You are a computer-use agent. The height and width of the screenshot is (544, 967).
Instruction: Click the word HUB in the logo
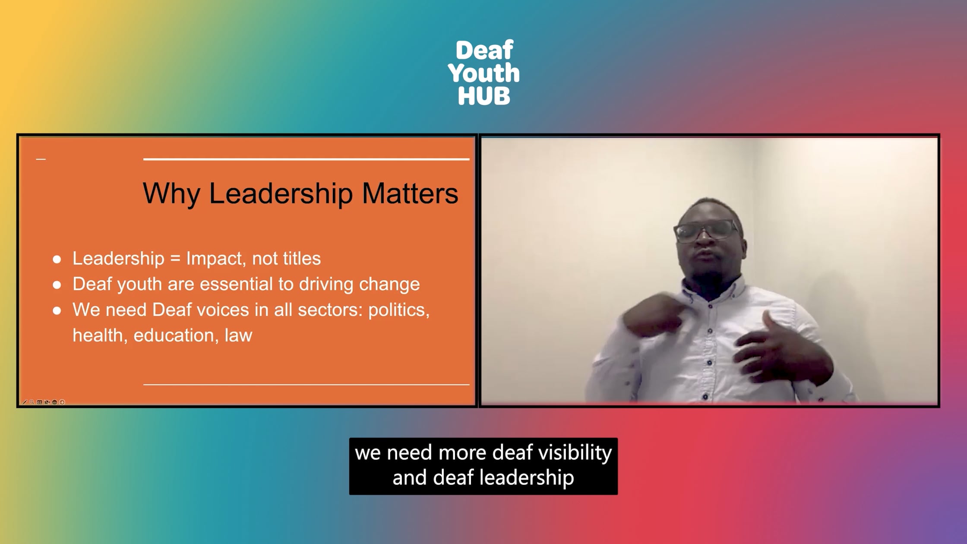(484, 96)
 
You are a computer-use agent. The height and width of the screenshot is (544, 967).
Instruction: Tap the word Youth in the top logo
(484, 73)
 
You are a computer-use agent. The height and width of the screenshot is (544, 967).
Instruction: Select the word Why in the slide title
(171, 194)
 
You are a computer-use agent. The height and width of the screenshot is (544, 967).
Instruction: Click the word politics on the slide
(399, 310)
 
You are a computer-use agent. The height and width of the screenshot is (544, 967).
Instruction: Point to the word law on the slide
(238, 335)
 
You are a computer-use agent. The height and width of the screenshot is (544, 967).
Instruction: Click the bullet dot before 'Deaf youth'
(57, 285)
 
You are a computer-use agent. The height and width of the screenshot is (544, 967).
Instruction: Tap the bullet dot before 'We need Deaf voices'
(57, 310)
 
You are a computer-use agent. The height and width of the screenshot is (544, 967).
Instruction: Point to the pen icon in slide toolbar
(25, 402)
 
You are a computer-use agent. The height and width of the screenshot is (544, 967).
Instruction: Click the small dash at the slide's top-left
(41, 159)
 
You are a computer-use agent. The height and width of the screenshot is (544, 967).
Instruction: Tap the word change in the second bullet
(390, 285)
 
